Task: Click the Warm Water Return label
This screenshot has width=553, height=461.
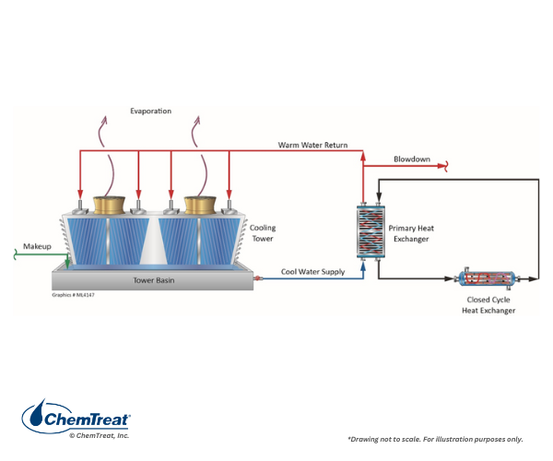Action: tap(312, 145)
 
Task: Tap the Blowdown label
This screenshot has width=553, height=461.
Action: tap(412, 159)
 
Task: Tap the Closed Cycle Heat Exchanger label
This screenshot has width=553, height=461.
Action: tap(488, 305)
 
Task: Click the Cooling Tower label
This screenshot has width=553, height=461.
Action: tap(262, 233)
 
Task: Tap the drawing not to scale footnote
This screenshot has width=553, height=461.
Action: tap(434, 438)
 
